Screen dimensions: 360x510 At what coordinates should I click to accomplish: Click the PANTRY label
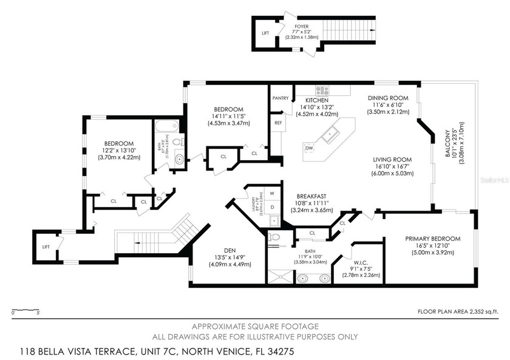(280, 98)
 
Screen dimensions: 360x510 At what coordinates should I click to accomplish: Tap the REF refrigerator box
(278, 123)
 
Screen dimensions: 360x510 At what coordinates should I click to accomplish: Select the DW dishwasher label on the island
(309, 148)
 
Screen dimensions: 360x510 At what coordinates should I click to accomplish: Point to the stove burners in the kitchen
(321, 91)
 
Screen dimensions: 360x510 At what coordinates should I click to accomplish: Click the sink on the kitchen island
(331, 134)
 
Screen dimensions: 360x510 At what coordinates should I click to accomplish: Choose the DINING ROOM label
(388, 98)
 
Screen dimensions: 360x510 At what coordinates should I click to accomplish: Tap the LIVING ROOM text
(393, 160)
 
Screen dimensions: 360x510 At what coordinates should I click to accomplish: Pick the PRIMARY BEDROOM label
(432, 239)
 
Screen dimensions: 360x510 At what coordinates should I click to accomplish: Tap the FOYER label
(302, 27)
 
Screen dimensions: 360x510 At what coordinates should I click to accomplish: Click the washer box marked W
(273, 194)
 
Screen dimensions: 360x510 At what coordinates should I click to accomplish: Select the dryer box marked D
(273, 206)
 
